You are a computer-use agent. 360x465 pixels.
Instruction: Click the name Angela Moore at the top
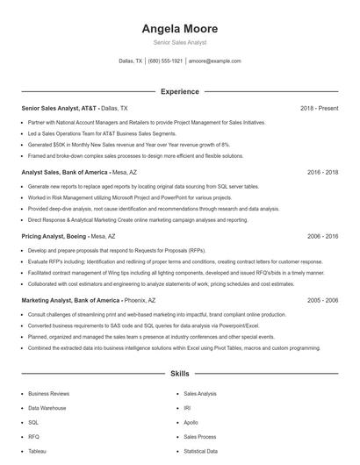[x=179, y=29]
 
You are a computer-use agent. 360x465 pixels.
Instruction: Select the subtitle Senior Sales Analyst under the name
[x=179, y=43]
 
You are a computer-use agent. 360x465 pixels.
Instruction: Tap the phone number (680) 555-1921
[x=166, y=61]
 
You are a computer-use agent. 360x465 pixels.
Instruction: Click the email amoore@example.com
[x=215, y=61]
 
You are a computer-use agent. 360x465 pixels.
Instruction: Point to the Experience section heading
[x=179, y=91]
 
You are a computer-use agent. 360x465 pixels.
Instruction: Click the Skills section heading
[x=179, y=374]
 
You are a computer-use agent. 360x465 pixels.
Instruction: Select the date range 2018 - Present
[x=319, y=108]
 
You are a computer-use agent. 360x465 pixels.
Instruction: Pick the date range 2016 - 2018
[x=322, y=173]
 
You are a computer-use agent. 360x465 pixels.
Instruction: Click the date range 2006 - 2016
[x=322, y=237]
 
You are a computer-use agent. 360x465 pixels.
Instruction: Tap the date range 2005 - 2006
[x=322, y=300]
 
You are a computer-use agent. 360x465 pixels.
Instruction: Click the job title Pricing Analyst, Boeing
[x=54, y=237]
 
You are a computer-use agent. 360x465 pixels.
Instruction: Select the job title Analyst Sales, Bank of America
[x=63, y=173]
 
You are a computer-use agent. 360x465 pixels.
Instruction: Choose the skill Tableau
[x=37, y=451]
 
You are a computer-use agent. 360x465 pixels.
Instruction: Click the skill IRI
[x=187, y=408]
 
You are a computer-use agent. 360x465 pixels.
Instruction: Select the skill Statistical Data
[x=200, y=451]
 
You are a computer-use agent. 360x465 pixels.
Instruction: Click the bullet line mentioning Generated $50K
[x=129, y=144]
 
